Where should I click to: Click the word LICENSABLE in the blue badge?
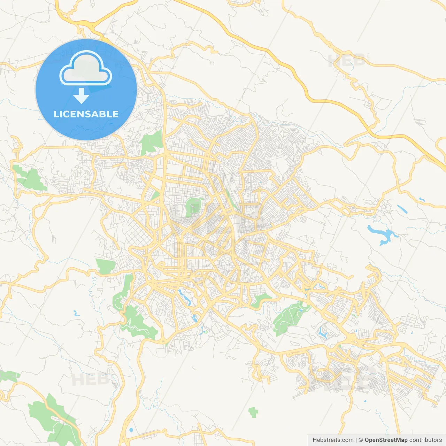(86, 114)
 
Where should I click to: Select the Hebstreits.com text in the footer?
(333, 440)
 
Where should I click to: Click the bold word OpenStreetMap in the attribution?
(386, 440)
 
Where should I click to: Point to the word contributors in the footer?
(425, 440)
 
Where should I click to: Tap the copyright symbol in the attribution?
(361, 440)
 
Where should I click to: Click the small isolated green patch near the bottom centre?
(253, 413)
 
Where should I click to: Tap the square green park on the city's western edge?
(105, 266)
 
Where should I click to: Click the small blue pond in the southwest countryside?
(76, 313)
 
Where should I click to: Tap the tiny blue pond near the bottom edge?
(131, 430)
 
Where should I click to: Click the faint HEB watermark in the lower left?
(89, 379)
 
